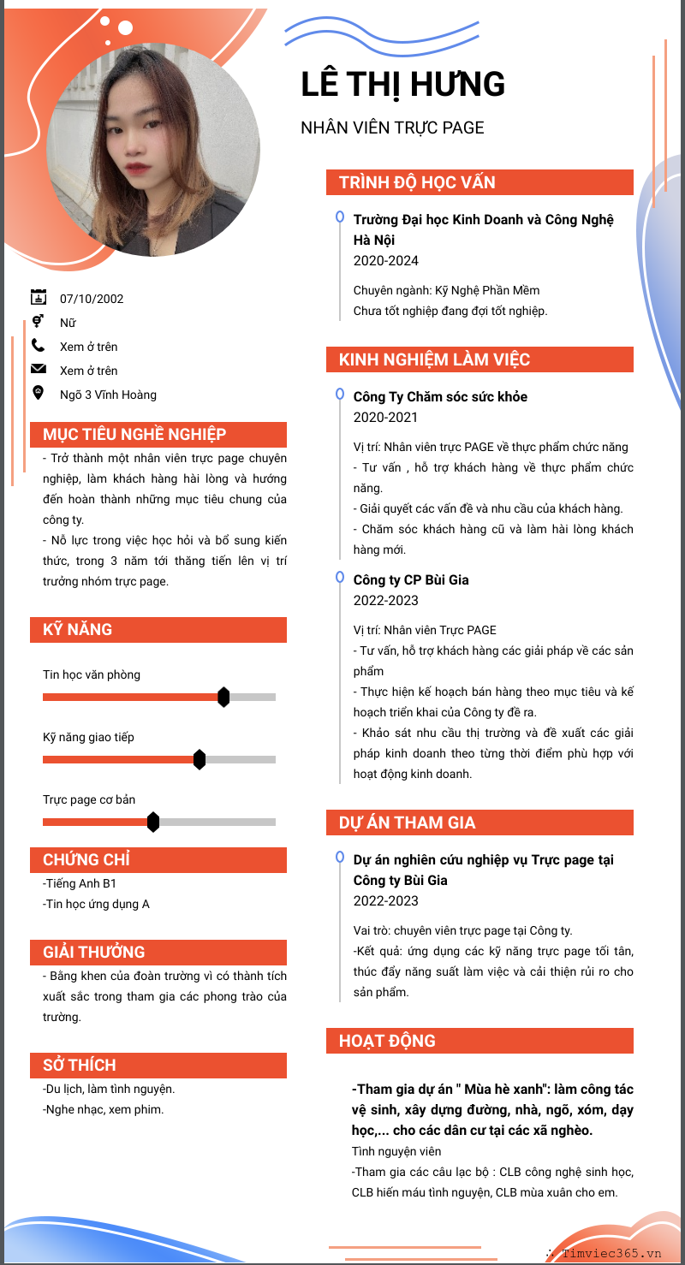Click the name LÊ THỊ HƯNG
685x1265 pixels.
point(403,85)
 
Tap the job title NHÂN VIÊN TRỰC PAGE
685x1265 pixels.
point(392,128)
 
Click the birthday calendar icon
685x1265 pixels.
point(39,298)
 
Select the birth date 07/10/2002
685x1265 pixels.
point(92,299)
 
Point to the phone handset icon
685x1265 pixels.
point(39,346)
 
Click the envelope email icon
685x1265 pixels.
point(39,370)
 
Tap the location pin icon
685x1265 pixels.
point(39,393)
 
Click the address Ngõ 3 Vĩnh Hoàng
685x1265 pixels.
point(108,395)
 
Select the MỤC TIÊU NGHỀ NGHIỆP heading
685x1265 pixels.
point(134,434)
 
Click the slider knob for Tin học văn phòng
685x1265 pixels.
point(223,697)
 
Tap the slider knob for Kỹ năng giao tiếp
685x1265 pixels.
point(200,759)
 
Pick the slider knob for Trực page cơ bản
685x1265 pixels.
point(153,822)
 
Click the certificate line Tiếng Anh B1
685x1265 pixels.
point(79,883)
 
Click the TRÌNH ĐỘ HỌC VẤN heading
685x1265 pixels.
point(417,182)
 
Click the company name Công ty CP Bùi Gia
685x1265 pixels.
point(411,579)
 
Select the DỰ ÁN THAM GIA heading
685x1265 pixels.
point(407,823)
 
